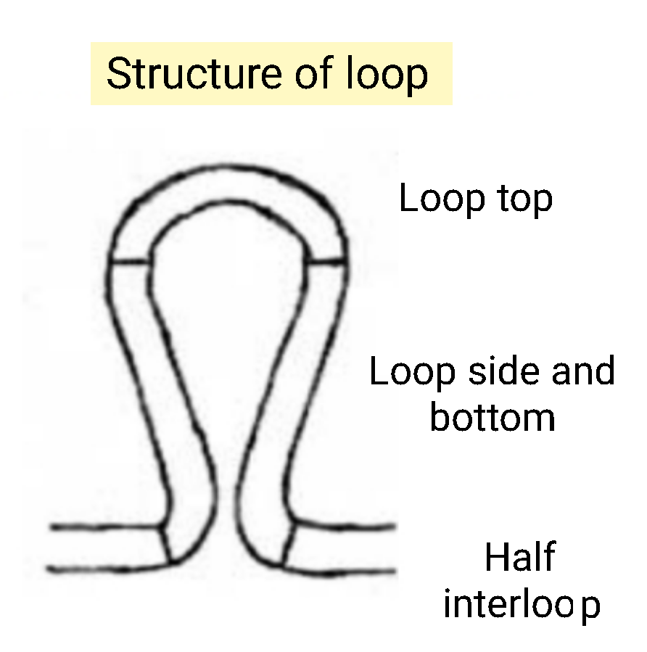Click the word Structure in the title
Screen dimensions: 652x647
coord(187,75)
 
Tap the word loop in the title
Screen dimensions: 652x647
coord(385,75)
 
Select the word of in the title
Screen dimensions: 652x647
coord(310,75)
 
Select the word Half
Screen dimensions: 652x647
coord(519,558)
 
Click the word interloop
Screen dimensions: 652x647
coord(522,604)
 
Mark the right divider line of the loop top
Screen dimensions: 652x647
coord(326,259)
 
